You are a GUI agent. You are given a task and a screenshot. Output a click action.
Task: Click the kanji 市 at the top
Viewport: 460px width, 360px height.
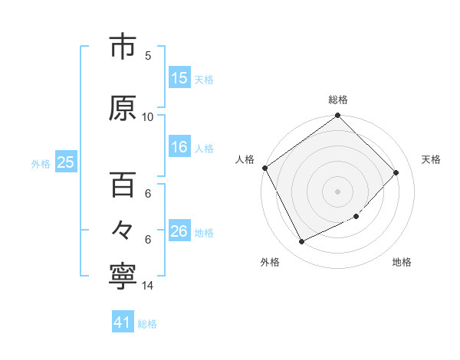(x=122, y=48)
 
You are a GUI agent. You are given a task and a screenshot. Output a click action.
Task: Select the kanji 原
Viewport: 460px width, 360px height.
(x=122, y=108)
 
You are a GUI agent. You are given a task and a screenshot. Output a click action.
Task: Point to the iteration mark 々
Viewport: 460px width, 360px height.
(x=122, y=228)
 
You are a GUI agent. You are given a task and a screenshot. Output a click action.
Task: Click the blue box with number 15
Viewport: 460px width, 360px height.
(x=179, y=77)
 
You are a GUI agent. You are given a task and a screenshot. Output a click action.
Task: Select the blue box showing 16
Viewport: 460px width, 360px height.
(x=179, y=148)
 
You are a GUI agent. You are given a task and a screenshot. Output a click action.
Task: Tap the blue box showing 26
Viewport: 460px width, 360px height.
(x=179, y=231)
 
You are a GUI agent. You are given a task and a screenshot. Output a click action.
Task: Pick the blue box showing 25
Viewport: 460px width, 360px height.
(x=65, y=162)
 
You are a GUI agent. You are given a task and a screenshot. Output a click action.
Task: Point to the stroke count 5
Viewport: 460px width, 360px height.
(x=148, y=55)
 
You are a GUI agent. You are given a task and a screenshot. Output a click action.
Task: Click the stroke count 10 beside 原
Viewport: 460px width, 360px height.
(x=148, y=116)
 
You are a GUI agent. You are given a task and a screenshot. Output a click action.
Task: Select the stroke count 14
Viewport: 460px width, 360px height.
(x=148, y=286)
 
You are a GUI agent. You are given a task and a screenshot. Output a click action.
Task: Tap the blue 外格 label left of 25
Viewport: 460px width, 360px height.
(x=41, y=163)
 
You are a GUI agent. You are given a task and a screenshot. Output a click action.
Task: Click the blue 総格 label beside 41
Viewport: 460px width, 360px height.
(x=147, y=324)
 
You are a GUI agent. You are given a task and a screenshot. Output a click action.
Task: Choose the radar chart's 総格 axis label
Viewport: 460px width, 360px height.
(x=338, y=100)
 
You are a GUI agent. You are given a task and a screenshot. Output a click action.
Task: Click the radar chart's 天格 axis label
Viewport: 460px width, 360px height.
(x=431, y=159)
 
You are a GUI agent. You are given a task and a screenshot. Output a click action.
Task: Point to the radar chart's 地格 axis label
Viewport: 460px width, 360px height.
(x=402, y=262)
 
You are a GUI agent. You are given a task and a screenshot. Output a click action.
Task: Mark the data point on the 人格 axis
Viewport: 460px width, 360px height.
(x=265, y=168)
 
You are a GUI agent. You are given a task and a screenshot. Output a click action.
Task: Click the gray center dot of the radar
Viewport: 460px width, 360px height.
(x=337, y=191)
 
